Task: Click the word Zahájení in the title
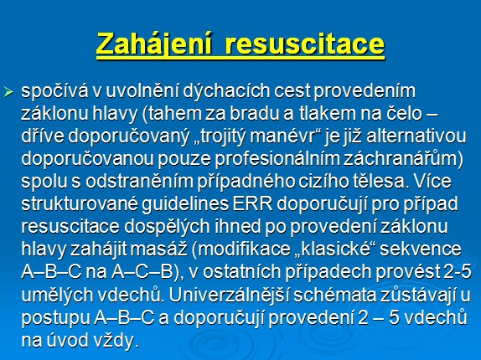tap(154, 44)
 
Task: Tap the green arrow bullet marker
tap(8, 91)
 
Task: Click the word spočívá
tap(54, 91)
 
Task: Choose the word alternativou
tap(416, 136)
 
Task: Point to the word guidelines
tap(185, 204)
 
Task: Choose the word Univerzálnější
tap(228, 295)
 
